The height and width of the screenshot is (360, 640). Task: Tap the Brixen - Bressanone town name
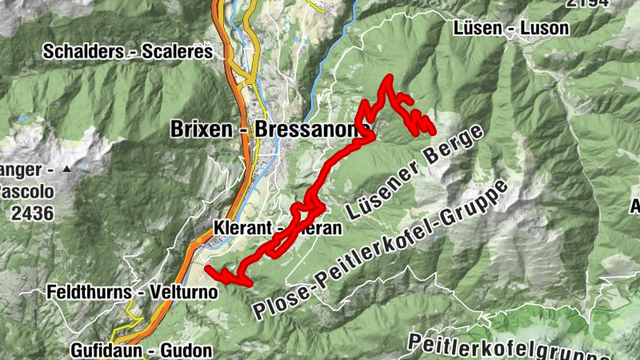tap(270, 129)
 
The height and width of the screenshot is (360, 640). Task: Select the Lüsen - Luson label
tap(511, 28)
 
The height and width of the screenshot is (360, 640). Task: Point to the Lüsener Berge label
tap(416, 173)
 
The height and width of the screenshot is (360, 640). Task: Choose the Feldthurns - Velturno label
tap(132, 292)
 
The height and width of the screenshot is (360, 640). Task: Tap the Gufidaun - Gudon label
tap(141, 350)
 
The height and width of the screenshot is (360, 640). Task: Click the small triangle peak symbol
tap(66, 170)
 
